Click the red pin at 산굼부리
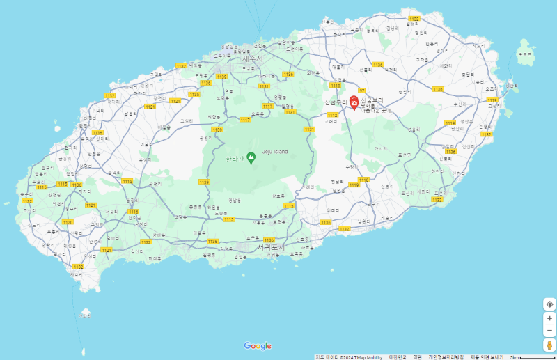(354, 103)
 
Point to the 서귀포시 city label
(271, 246)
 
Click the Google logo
(258, 346)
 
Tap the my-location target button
(549, 304)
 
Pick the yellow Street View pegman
(549, 345)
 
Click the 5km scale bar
(532, 357)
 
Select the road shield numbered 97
(362, 91)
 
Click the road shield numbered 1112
(332, 115)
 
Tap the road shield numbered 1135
(194, 94)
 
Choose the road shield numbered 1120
(68, 222)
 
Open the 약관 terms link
(417, 357)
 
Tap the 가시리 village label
(379, 148)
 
